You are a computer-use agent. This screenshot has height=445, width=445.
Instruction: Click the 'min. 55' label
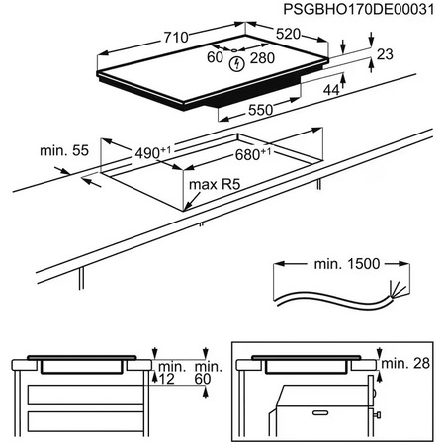click(x=62, y=151)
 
